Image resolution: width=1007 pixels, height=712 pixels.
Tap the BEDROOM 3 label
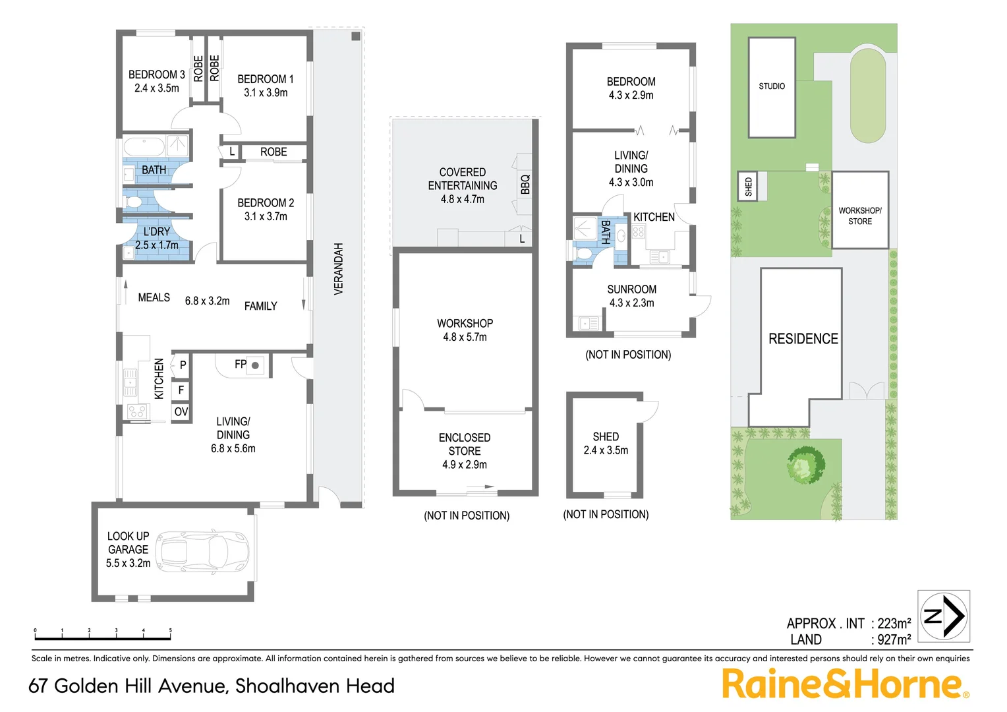click(156, 74)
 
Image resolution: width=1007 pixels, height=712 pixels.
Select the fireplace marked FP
click(255, 365)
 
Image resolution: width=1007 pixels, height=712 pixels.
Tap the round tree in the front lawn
click(805, 464)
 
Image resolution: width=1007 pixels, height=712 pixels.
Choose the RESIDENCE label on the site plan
click(803, 339)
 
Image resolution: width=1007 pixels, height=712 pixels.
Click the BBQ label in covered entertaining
click(525, 184)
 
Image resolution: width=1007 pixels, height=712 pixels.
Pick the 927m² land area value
click(894, 639)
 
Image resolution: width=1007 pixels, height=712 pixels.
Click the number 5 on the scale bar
click(170, 631)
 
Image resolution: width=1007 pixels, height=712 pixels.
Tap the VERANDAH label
click(339, 268)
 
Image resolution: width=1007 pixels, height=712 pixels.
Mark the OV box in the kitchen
click(181, 412)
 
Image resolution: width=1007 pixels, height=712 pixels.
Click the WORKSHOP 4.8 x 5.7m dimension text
click(465, 337)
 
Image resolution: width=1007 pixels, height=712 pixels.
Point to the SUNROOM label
click(631, 289)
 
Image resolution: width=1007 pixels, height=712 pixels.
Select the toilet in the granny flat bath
click(583, 253)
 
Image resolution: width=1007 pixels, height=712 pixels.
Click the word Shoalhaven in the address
click(287, 686)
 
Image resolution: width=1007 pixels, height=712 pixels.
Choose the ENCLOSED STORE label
click(465, 444)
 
